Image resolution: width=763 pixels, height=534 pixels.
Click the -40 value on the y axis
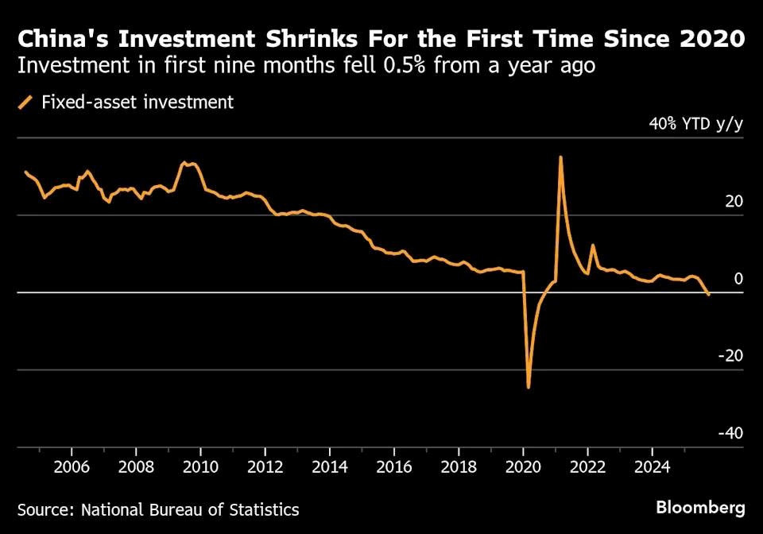[730, 433]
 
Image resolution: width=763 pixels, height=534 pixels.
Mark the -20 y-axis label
[730, 355]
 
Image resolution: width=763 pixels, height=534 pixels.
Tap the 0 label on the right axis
[738, 278]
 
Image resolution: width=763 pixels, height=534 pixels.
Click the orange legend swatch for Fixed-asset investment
[26, 102]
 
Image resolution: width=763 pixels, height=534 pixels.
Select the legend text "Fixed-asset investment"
[137, 102]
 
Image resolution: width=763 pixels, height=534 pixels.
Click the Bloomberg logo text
[700, 507]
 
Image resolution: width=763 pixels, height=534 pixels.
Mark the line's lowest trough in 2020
[529, 387]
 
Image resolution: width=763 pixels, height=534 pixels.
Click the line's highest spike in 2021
[560, 157]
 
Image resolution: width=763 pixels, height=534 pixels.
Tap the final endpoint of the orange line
[708, 295]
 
